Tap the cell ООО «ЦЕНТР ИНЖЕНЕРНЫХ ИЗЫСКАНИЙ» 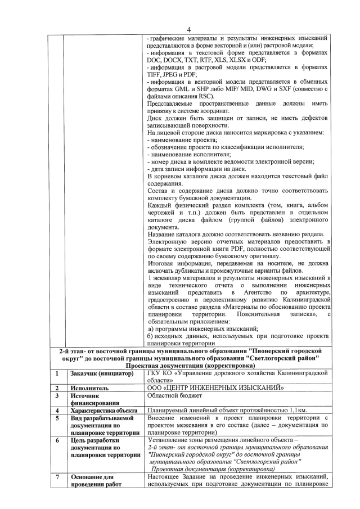click(x=214, y=388)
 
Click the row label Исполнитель click(x=86, y=388)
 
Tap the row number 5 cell click(x=57, y=419)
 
